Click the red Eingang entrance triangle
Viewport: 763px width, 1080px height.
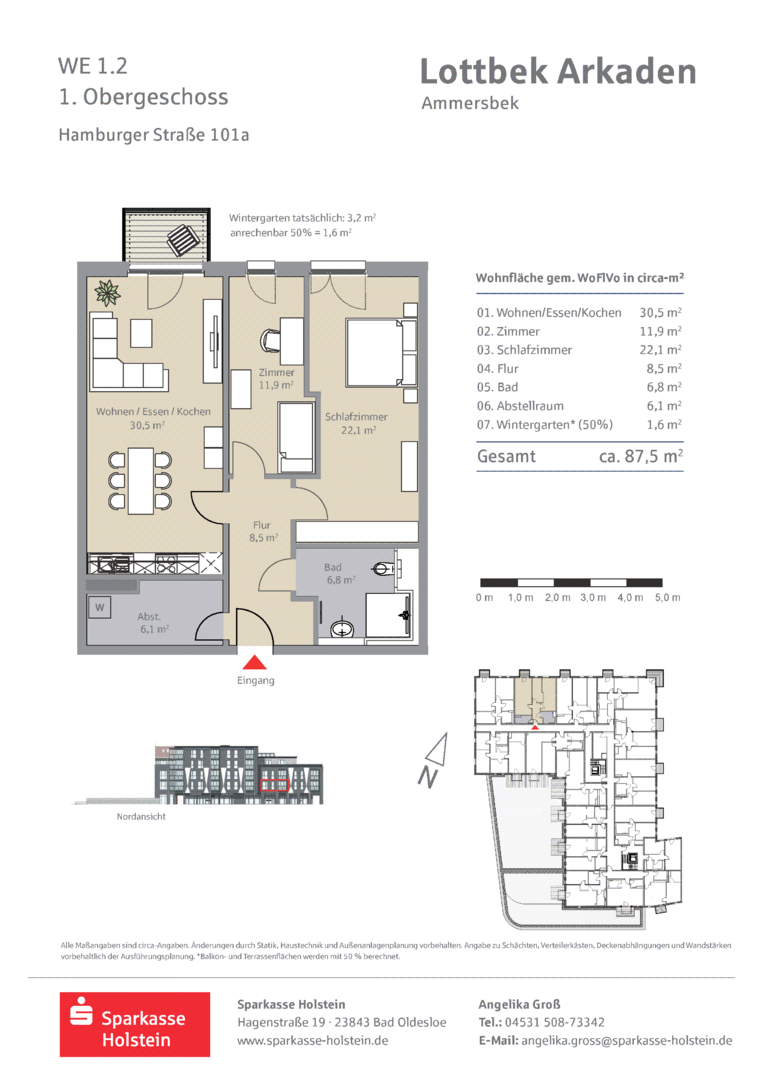click(x=255, y=663)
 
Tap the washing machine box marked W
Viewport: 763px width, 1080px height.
click(x=100, y=608)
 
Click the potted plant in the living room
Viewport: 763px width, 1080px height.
click(x=107, y=293)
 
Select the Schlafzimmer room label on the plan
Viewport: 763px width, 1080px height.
click(x=356, y=417)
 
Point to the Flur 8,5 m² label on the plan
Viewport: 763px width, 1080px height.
click(x=262, y=531)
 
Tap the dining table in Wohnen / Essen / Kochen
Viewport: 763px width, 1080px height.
click(x=141, y=481)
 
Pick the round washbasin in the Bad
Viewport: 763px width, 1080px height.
click(x=342, y=628)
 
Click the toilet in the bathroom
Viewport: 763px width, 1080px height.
click(x=384, y=569)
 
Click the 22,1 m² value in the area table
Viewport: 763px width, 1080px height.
click(x=660, y=350)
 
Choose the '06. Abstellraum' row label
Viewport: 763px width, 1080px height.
click(x=520, y=406)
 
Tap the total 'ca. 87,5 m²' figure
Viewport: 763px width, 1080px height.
click(x=640, y=456)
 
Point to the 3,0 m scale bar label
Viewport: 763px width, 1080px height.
click(x=593, y=597)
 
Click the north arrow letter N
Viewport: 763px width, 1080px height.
click(x=427, y=777)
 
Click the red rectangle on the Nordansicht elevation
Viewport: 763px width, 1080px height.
click(x=273, y=785)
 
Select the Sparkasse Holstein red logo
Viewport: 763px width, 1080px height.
click(x=135, y=1024)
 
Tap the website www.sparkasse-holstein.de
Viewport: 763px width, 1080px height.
click(x=313, y=1041)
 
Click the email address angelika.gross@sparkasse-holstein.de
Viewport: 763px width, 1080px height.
click(x=627, y=1041)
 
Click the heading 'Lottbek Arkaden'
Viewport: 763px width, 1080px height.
click(x=558, y=72)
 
